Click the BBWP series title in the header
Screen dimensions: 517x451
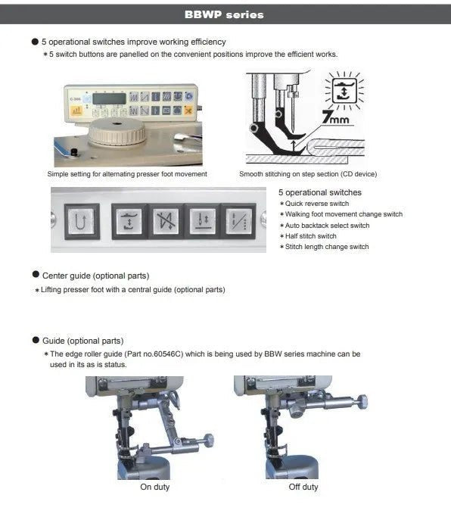pyautogui.click(x=225, y=14)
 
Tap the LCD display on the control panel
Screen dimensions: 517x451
pyautogui.click(x=107, y=98)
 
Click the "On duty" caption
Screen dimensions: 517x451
pyautogui.click(x=154, y=487)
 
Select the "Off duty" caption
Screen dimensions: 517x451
pyautogui.click(x=303, y=487)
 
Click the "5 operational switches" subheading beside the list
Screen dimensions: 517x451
pyautogui.click(x=319, y=192)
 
